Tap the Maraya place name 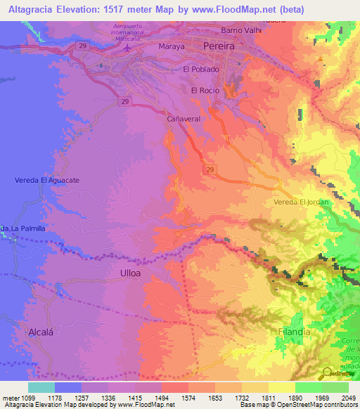pyautogui.click(x=171, y=47)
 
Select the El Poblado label pyautogui.click(x=201, y=70)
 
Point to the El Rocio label pyautogui.click(x=205, y=91)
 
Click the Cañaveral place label pyautogui.click(x=184, y=119)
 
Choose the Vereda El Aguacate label pyautogui.click(x=46, y=181)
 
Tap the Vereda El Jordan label pyautogui.click(x=300, y=202)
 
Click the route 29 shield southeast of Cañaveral pyautogui.click(x=210, y=169)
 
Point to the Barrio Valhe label pyautogui.click(x=241, y=30)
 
